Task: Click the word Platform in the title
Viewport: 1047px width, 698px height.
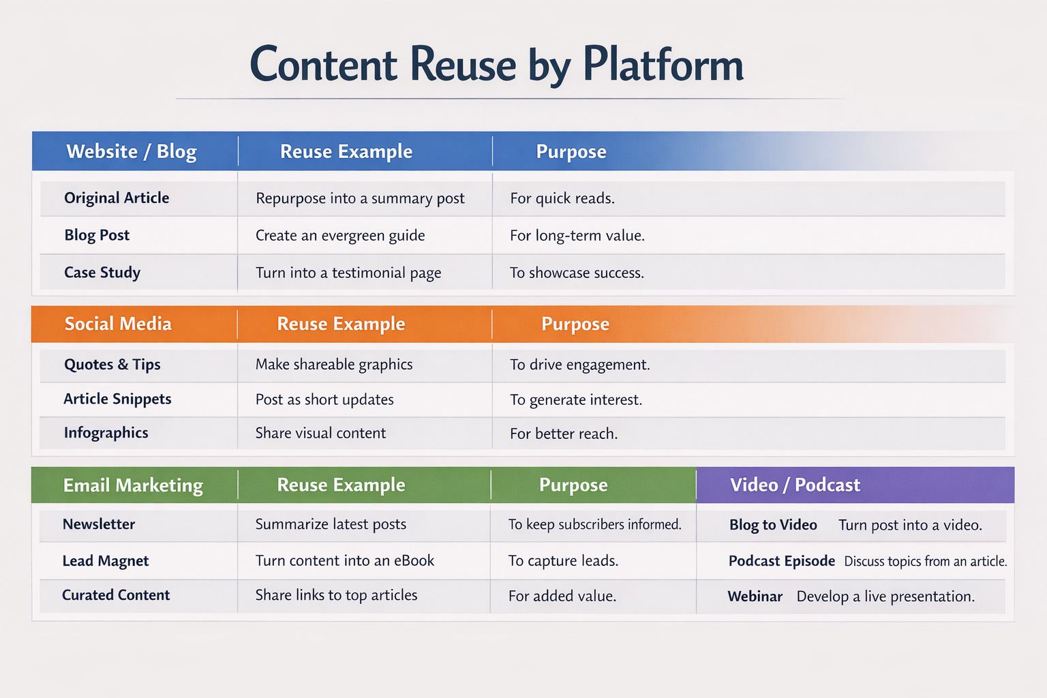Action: [x=663, y=65]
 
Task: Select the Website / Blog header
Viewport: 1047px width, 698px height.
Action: [x=131, y=151]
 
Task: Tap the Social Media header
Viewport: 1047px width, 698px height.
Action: [x=118, y=324]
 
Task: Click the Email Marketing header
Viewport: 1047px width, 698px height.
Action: [x=133, y=485]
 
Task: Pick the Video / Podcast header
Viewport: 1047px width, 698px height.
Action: [x=795, y=485]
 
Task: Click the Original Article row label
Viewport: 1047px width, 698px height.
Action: [x=117, y=198]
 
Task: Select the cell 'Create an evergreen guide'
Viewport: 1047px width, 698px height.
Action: [x=340, y=236]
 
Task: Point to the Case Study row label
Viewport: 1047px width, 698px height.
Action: [x=102, y=273]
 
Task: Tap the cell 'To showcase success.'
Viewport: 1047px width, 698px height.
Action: [x=577, y=273]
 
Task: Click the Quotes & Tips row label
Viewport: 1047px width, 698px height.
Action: [x=112, y=365]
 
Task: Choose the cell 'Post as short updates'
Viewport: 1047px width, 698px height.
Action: [x=324, y=399]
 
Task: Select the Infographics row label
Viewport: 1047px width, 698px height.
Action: [x=106, y=433]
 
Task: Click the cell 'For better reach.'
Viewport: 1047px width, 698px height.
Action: [x=564, y=434]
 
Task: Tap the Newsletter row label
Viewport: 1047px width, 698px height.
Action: [x=99, y=524]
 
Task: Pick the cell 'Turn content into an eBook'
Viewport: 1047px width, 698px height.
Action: [x=345, y=561]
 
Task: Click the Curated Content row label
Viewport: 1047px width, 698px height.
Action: [x=116, y=595]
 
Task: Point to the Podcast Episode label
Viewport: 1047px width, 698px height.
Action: [x=782, y=561]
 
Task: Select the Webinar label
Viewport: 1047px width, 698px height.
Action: [x=755, y=596]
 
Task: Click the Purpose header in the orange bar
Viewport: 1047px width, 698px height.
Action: [x=575, y=324]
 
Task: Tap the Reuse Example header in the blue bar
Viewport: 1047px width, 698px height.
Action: [x=346, y=151]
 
